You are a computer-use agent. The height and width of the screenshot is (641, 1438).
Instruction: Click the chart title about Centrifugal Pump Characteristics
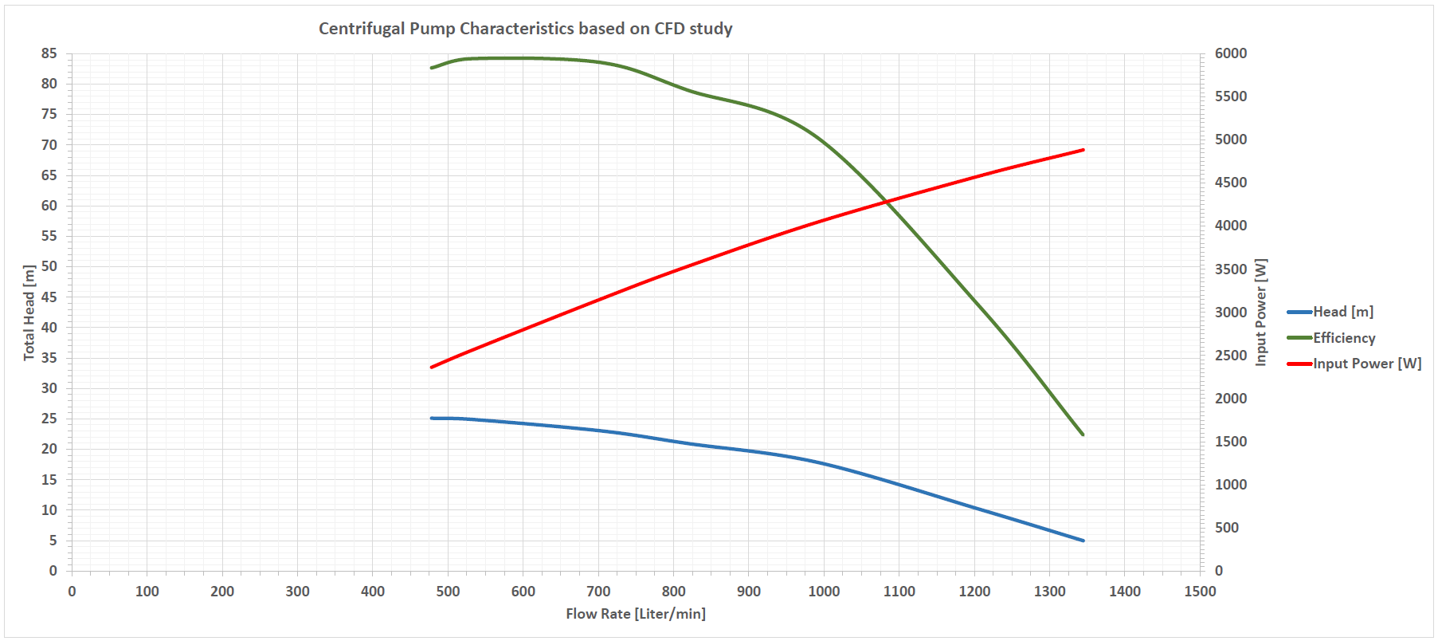point(525,29)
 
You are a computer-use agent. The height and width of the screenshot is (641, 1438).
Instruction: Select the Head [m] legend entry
point(1342,312)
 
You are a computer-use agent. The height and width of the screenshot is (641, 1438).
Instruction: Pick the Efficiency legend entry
point(1343,338)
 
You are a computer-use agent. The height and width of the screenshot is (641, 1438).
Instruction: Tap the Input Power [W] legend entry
point(1366,364)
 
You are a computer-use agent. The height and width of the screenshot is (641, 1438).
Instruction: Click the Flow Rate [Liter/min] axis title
point(636,614)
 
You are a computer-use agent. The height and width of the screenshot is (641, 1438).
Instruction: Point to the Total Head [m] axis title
point(29,313)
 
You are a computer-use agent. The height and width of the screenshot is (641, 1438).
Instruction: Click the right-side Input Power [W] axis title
point(1260,313)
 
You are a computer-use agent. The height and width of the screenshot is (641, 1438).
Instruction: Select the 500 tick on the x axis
point(448,592)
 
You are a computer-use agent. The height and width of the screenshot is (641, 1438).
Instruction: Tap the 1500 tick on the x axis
point(1200,592)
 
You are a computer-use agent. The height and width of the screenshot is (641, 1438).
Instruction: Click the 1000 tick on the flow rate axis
point(824,592)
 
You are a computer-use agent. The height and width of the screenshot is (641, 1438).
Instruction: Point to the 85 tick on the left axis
point(49,53)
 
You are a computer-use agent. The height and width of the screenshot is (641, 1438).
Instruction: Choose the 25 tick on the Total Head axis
point(49,419)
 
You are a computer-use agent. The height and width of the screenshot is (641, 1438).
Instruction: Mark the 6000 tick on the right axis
point(1231,53)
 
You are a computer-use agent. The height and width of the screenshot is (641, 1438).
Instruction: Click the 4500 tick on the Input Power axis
point(1231,183)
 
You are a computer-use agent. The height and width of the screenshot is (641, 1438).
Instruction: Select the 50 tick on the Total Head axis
point(49,266)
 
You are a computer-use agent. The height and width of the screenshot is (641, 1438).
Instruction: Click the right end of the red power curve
point(1083,150)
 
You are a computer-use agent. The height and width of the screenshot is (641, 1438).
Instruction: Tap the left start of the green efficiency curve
point(432,68)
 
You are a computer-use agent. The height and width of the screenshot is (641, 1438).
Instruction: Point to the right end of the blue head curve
point(1083,541)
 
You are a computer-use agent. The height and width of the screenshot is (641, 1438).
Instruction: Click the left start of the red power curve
point(432,367)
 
